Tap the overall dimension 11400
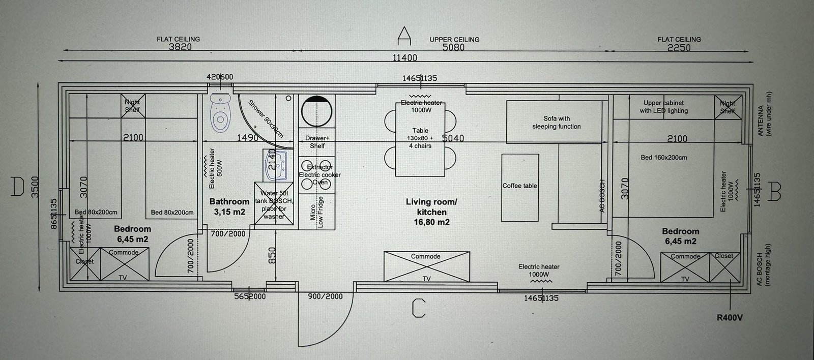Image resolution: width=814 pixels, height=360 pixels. pos(404,58)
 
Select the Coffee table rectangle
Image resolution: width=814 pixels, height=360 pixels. pos(520,187)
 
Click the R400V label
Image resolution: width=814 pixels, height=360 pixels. pos(730,318)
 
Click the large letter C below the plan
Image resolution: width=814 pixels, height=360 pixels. pos(418,308)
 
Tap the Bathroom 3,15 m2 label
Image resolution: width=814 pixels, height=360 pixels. pos(229,206)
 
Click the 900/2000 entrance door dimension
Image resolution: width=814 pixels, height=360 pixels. pos(326,296)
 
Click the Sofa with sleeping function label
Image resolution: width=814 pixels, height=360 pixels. pos(556,123)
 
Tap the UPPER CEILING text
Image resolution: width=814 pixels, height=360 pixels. pos(454,40)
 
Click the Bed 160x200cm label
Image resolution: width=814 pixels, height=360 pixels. pos(663,158)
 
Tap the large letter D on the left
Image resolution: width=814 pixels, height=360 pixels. pos(18,187)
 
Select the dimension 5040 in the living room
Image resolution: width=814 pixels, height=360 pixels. pos(452,138)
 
